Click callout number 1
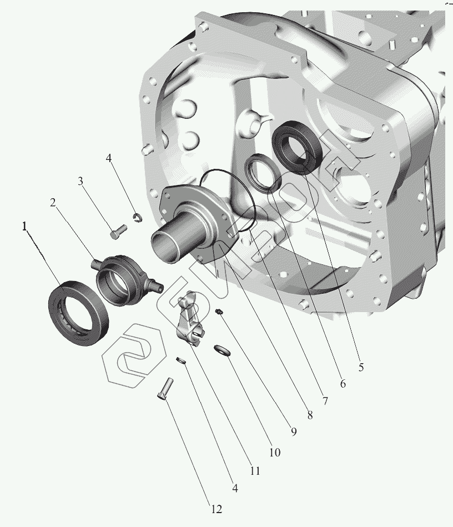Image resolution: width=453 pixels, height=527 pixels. (24, 227)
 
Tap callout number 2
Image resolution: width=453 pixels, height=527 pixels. (53, 203)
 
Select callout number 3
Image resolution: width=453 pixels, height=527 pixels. (80, 181)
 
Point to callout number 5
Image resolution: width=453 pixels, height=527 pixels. (361, 367)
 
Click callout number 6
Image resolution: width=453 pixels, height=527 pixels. (343, 384)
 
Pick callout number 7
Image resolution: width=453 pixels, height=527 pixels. (325, 400)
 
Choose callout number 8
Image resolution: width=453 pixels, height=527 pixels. (310, 415)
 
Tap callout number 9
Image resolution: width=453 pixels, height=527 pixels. (294, 432)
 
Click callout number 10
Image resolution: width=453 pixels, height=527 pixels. (275, 453)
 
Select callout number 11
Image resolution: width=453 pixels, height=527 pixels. (255, 471)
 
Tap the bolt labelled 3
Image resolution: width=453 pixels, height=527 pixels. (118, 232)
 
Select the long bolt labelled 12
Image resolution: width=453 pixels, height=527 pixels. (165, 389)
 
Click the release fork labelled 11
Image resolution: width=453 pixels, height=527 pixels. (189, 320)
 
